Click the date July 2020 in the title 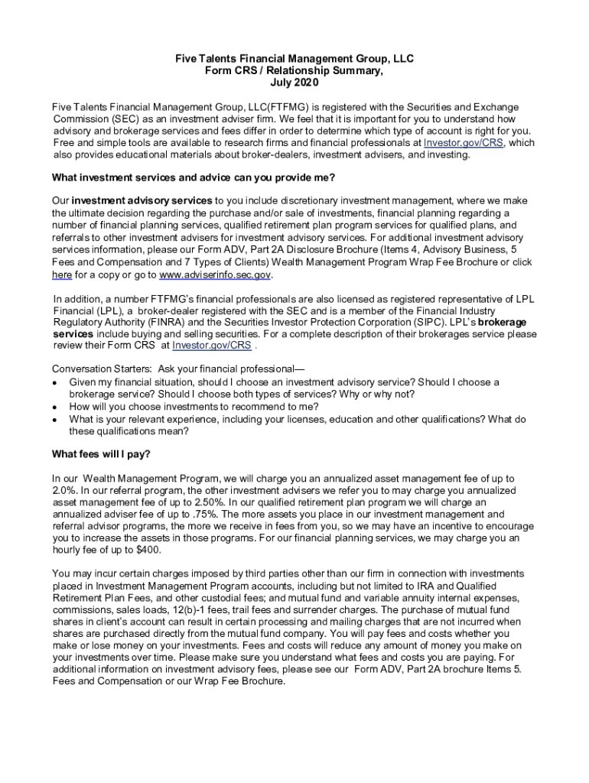click(x=294, y=83)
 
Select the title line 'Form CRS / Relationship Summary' click(x=294, y=70)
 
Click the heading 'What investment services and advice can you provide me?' click(x=193, y=178)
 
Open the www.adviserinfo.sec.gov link click(x=215, y=275)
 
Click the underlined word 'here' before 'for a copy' click(x=62, y=275)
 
